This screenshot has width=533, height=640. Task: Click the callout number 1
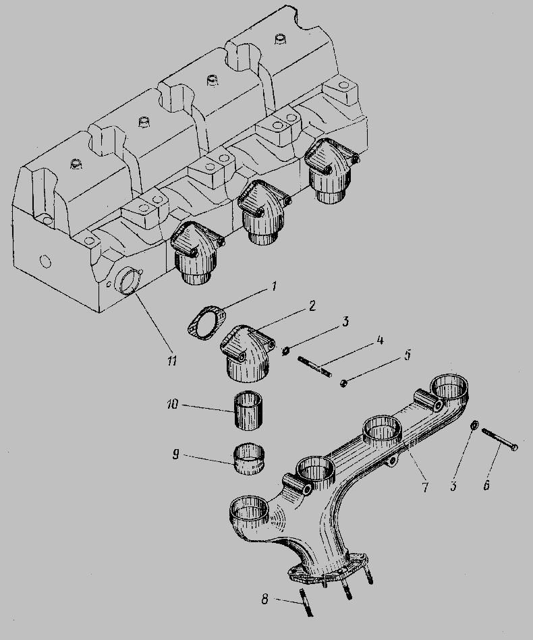pyautogui.click(x=274, y=286)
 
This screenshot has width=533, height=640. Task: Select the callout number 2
pyautogui.click(x=312, y=306)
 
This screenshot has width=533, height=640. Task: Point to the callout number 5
pyautogui.click(x=408, y=355)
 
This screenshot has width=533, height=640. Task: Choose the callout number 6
pyautogui.click(x=486, y=485)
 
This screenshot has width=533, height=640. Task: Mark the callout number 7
pyautogui.click(x=425, y=486)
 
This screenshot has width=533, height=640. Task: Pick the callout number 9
pyautogui.click(x=175, y=455)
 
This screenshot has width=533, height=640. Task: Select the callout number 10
pyautogui.click(x=173, y=405)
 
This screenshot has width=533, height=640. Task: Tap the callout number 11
pyautogui.click(x=172, y=360)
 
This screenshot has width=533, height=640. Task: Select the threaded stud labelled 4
pyautogui.click(x=315, y=366)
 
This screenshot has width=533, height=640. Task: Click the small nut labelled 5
pyautogui.click(x=344, y=383)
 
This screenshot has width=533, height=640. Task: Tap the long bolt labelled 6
pyautogui.click(x=500, y=439)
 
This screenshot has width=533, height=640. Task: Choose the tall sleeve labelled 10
pyautogui.click(x=248, y=411)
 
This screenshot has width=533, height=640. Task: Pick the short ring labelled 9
pyautogui.click(x=249, y=460)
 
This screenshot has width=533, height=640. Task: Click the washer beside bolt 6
pyautogui.click(x=474, y=425)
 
